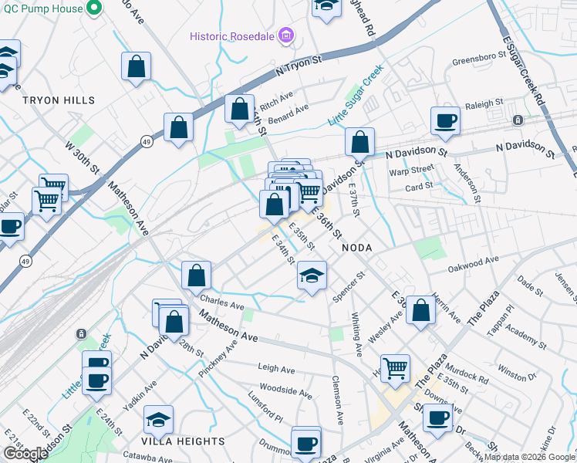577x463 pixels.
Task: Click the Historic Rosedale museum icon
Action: [286, 35]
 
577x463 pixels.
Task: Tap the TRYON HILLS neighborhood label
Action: [59, 100]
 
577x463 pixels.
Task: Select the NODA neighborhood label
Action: [356, 247]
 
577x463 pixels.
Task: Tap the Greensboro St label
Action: [477, 59]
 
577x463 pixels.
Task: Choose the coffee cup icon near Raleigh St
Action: [445, 120]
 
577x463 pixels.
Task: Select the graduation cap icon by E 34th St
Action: [312, 276]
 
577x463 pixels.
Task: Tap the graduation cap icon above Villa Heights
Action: [159, 420]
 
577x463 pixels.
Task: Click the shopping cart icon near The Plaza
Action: [395, 367]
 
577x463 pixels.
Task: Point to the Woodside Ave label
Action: [285, 393]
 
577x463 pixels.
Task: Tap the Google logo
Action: [25, 454]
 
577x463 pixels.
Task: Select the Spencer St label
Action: [348, 286]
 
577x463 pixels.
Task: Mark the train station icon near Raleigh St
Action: [518, 120]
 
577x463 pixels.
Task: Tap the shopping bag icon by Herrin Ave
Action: [420, 310]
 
